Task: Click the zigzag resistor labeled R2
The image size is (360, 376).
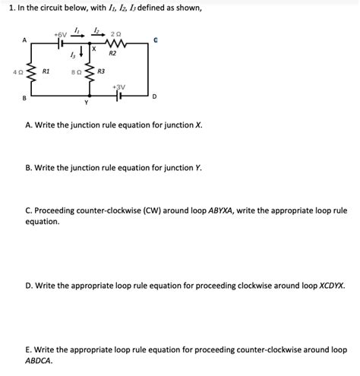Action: tap(113, 44)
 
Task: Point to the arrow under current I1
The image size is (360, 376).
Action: tap(77, 36)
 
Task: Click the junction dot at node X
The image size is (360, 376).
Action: tap(86, 44)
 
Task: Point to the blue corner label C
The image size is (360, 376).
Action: tap(154, 40)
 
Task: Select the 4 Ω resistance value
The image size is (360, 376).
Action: tap(17, 71)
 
